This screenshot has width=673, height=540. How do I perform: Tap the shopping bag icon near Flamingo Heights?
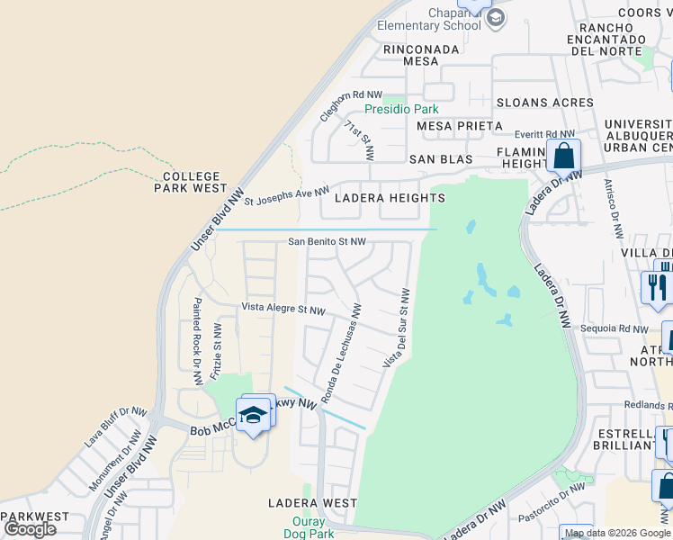(x=563, y=157)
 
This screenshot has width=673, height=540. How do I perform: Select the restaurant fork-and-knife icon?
(x=657, y=287)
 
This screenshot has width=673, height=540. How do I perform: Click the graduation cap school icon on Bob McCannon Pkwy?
(x=254, y=416)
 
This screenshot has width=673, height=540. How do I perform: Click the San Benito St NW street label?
(x=327, y=242)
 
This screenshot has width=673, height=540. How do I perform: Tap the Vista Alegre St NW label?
(x=283, y=309)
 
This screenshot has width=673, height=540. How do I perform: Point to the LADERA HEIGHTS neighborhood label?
(x=390, y=198)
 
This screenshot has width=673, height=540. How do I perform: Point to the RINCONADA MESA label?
(x=411, y=56)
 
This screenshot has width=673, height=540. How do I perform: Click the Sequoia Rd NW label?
(x=615, y=329)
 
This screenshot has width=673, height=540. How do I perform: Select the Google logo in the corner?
(x=30, y=529)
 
